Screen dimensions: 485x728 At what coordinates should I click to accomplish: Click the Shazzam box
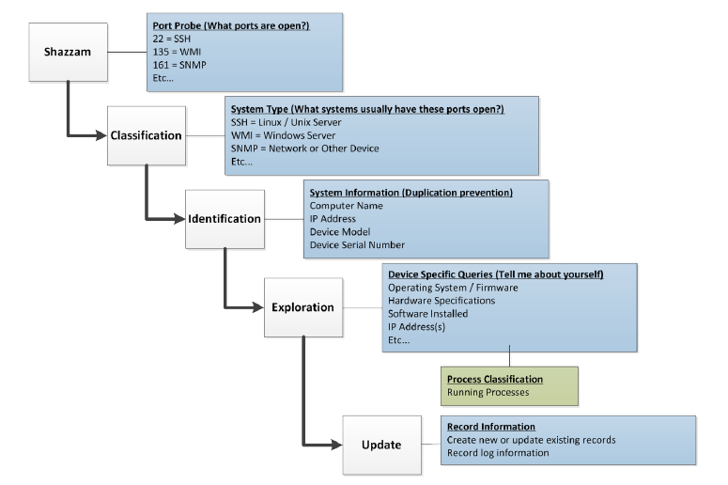coord(67,53)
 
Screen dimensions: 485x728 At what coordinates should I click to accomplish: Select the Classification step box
coord(146,135)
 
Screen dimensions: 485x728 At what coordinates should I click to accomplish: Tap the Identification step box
coord(224,219)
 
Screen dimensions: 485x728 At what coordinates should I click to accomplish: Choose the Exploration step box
coord(302,307)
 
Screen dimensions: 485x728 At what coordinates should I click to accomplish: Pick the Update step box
coord(380,445)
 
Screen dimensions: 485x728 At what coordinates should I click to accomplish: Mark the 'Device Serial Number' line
coord(357,244)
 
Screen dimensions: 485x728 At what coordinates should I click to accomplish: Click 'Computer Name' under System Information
coord(347,205)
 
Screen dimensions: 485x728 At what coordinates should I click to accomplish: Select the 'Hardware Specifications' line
coord(441,300)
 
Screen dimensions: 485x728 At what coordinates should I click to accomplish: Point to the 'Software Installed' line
coord(427,313)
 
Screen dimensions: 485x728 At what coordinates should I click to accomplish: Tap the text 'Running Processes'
coord(488,392)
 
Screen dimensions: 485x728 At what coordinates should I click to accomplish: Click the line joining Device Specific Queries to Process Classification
coord(509,359)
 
